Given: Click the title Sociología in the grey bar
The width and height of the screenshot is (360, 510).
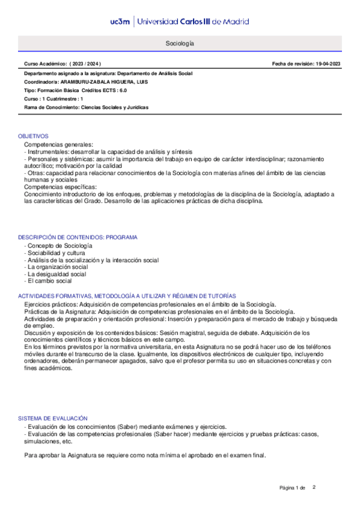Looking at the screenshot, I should point(180,44).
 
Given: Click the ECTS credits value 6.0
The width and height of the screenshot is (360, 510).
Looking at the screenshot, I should point(122,90).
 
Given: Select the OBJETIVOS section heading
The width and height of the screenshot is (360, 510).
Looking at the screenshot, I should point(33,137).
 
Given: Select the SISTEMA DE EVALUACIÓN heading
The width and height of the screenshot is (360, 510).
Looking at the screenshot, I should point(53,418).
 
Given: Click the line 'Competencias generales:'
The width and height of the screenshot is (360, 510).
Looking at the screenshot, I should point(58,145).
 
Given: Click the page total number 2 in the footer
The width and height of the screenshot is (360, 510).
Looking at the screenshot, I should point(314,487).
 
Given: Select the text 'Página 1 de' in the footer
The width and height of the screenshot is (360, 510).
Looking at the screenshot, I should point(293,487).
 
